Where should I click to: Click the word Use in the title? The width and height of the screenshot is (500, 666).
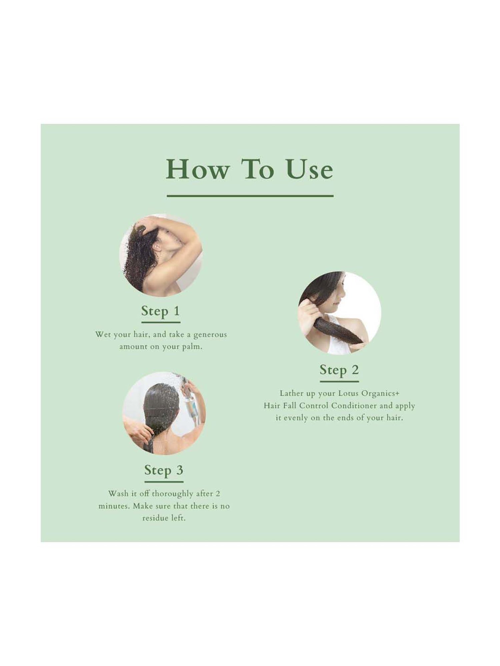pyautogui.click(x=309, y=169)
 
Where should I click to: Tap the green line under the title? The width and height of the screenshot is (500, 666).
pyautogui.click(x=250, y=196)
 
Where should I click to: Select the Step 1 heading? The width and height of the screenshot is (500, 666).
pyautogui.click(x=161, y=311)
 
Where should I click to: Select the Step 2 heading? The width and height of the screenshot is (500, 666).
pyautogui.click(x=339, y=370)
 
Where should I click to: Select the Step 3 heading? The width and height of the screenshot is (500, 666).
pyautogui.click(x=164, y=470)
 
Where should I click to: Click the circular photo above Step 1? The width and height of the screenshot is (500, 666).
pyautogui.click(x=161, y=255)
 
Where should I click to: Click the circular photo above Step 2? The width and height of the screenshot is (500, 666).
pyautogui.click(x=339, y=313)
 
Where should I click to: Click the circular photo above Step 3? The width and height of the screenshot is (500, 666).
pyautogui.click(x=164, y=413)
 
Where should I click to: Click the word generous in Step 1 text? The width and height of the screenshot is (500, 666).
pyautogui.click(x=210, y=334)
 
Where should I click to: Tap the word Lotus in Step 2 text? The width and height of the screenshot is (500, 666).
pyautogui.click(x=349, y=393)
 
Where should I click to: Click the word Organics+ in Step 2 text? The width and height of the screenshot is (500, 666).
pyautogui.click(x=382, y=393)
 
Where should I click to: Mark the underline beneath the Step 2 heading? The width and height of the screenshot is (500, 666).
pyautogui.click(x=339, y=381)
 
